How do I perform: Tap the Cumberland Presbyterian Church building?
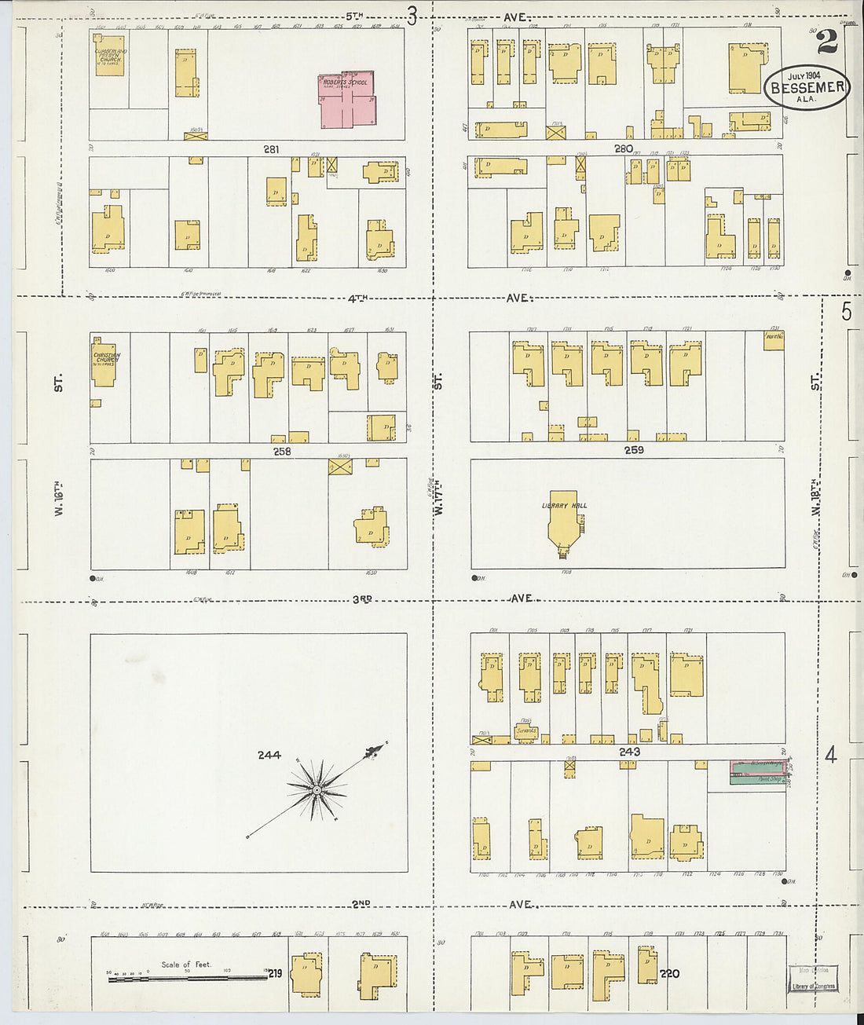click(x=110, y=56)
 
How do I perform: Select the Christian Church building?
click(x=104, y=362)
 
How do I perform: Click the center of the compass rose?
click(x=316, y=789)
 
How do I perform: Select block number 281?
click(x=272, y=148)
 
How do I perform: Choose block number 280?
click(x=624, y=148)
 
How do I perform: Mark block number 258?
click(x=282, y=452)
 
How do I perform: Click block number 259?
click(x=634, y=450)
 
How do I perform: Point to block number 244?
click(x=269, y=756)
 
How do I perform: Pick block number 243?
click(x=629, y=752)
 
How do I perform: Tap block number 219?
click(x=275, y=974)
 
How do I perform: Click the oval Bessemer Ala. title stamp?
click(x=807, y=86)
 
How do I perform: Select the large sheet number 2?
click(x=826, y=42)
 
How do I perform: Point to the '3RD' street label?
click(x=361, y=599)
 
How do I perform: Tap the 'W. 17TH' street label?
click(x=438, y=500)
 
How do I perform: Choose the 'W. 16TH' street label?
click(x=58, y=500)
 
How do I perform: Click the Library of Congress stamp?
click(x=814, y=979)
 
